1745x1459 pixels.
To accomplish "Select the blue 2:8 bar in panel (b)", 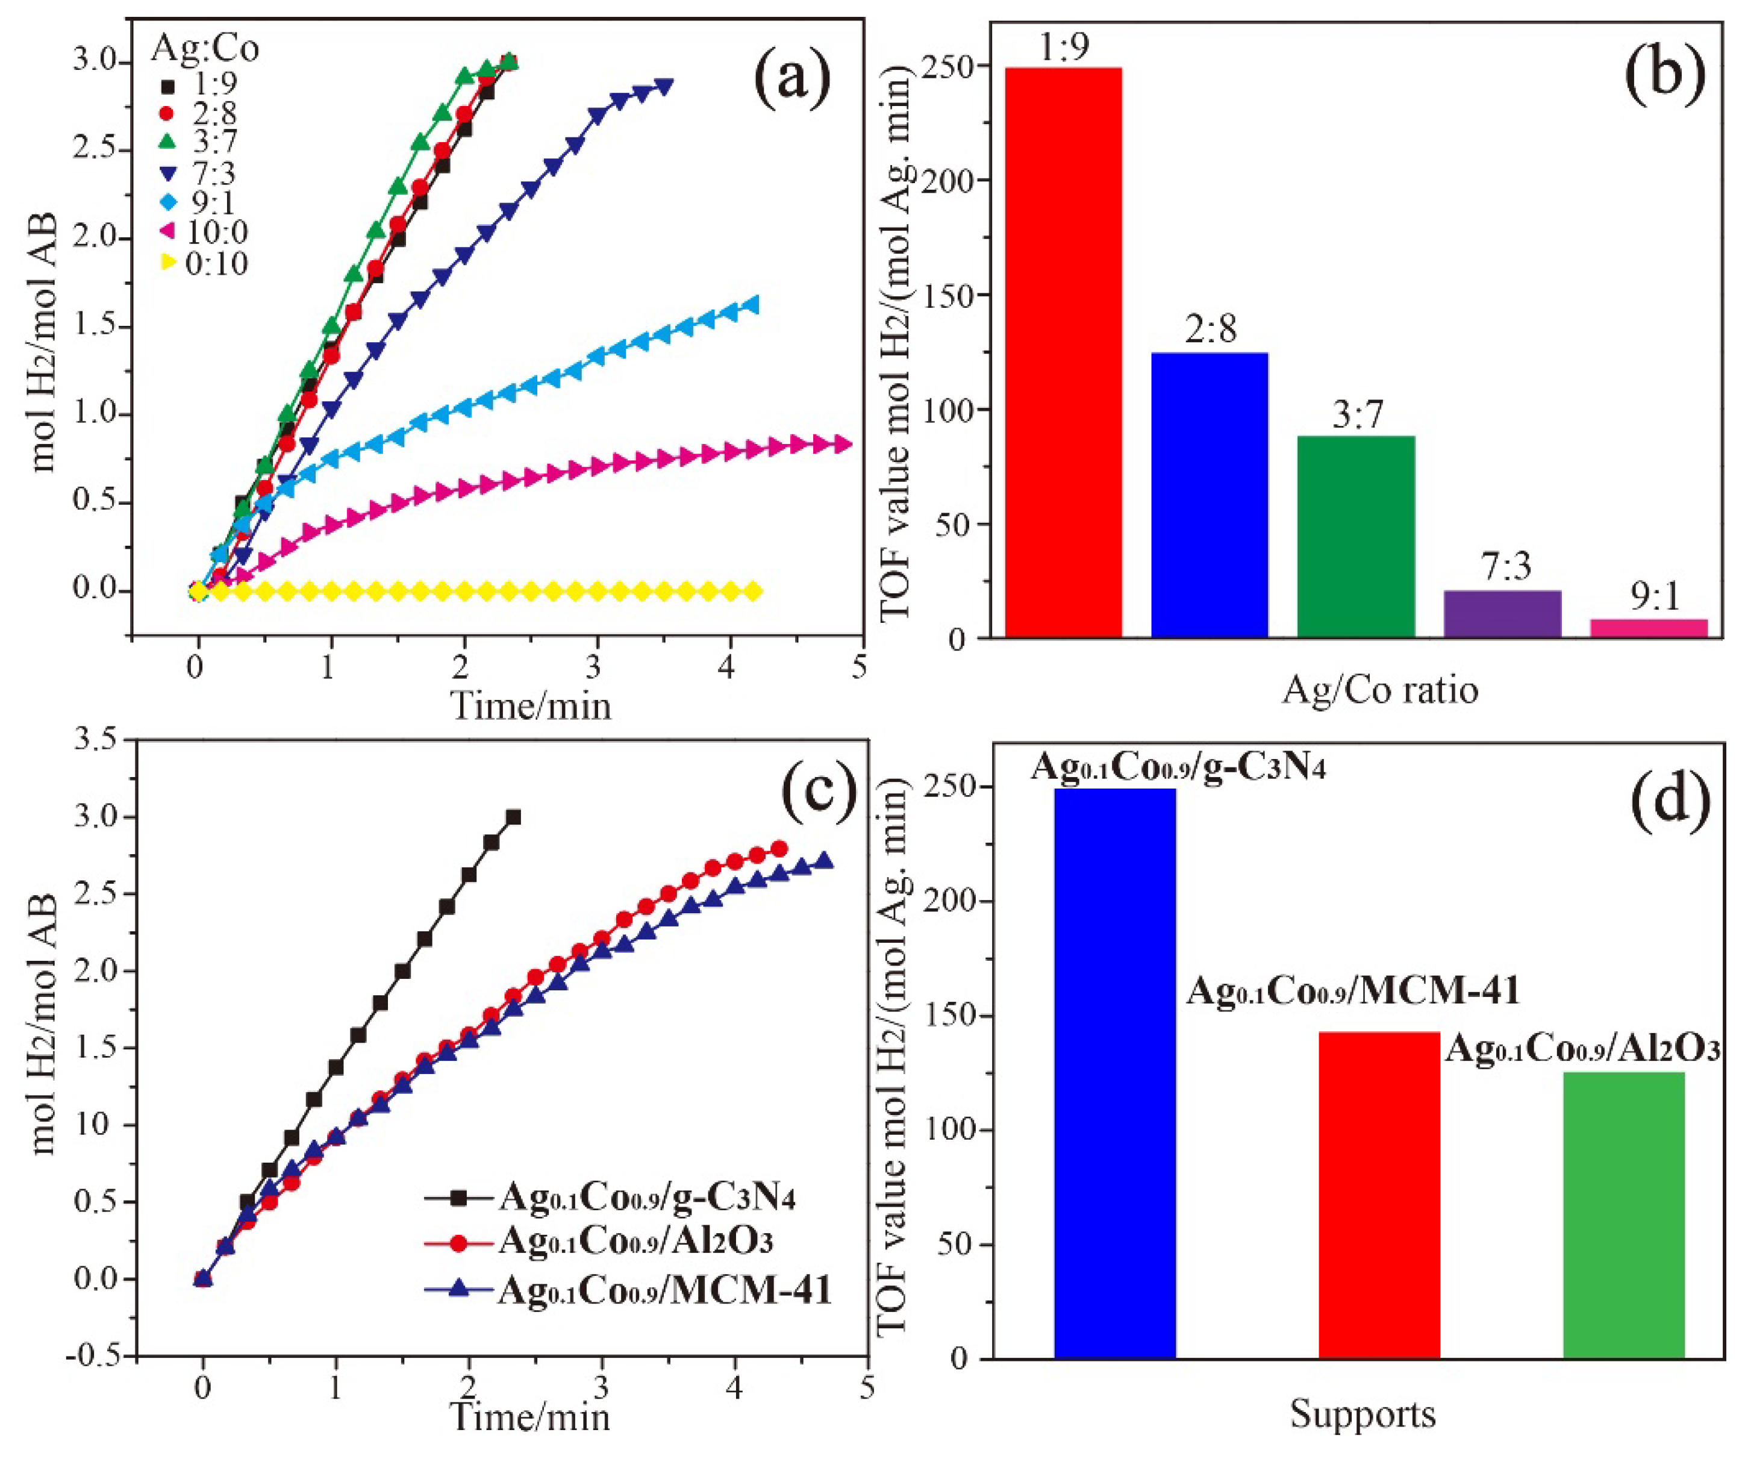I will point(1209,495).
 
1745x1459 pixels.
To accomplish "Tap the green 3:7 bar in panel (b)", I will point(1355,537).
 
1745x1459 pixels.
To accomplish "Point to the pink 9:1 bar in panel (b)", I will point(1649,629).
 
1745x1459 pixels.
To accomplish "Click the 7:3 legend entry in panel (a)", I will point(199,173).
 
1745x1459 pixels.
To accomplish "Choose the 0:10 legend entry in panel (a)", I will point(204,263).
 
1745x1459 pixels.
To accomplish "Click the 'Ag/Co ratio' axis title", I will point(1380,690).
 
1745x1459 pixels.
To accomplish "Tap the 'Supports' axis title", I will point(1363,1413).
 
